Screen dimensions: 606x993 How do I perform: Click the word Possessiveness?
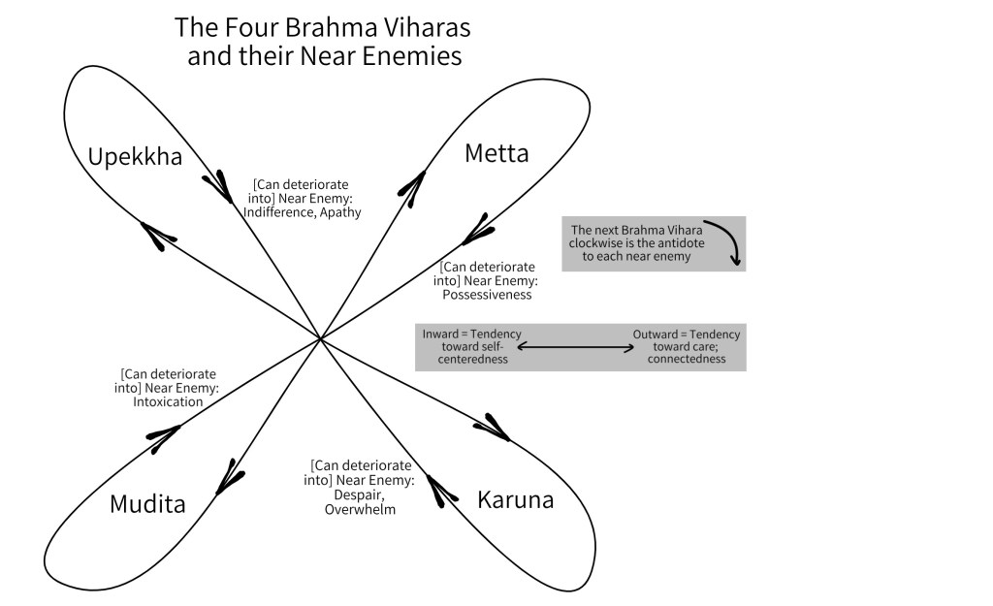(486, 294)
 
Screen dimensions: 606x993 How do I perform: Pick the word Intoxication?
(168, 401)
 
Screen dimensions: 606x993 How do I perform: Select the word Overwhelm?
(360, 509)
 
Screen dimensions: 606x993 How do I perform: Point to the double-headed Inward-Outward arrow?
(584, 346)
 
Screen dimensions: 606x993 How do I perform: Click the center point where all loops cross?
(321, 338)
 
